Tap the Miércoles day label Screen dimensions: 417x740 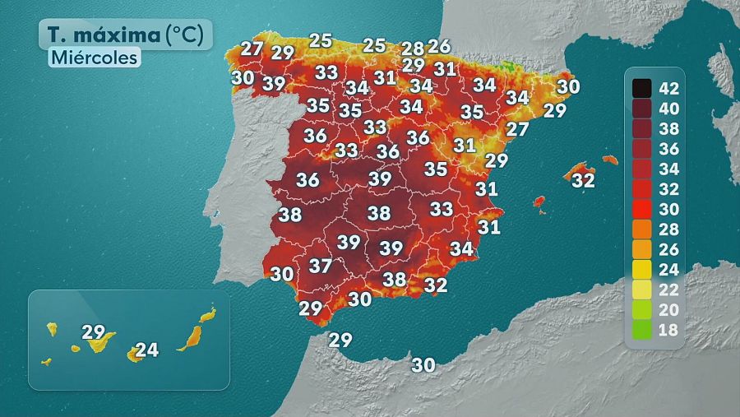[93, 58]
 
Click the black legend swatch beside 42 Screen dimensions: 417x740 [642, 87]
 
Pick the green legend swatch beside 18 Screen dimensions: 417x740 [642, 331]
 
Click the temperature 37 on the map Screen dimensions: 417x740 [320, 266]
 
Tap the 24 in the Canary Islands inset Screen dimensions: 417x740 [146, 350]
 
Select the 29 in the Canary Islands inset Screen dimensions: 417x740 [94, 332]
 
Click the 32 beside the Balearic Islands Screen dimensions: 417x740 [583, 179]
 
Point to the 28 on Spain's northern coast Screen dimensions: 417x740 [414, 48]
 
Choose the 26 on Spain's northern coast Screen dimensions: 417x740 [439, 46]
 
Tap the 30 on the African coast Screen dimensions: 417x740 [423, 365]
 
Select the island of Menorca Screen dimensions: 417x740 [609, 159]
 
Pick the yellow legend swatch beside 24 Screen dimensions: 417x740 [642, 270]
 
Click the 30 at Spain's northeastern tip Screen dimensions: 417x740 [568, 86]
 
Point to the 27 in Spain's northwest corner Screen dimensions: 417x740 [252, 48]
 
